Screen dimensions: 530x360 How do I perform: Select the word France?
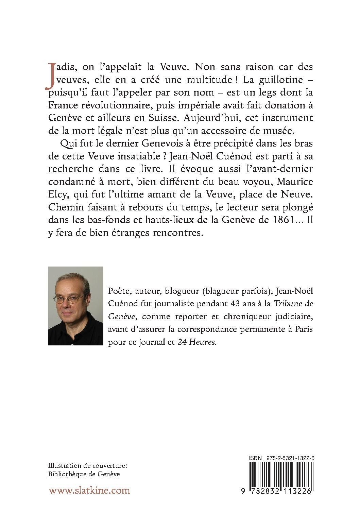63,106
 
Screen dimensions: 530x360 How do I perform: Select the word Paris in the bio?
303,329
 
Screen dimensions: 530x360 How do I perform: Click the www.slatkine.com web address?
89,490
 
